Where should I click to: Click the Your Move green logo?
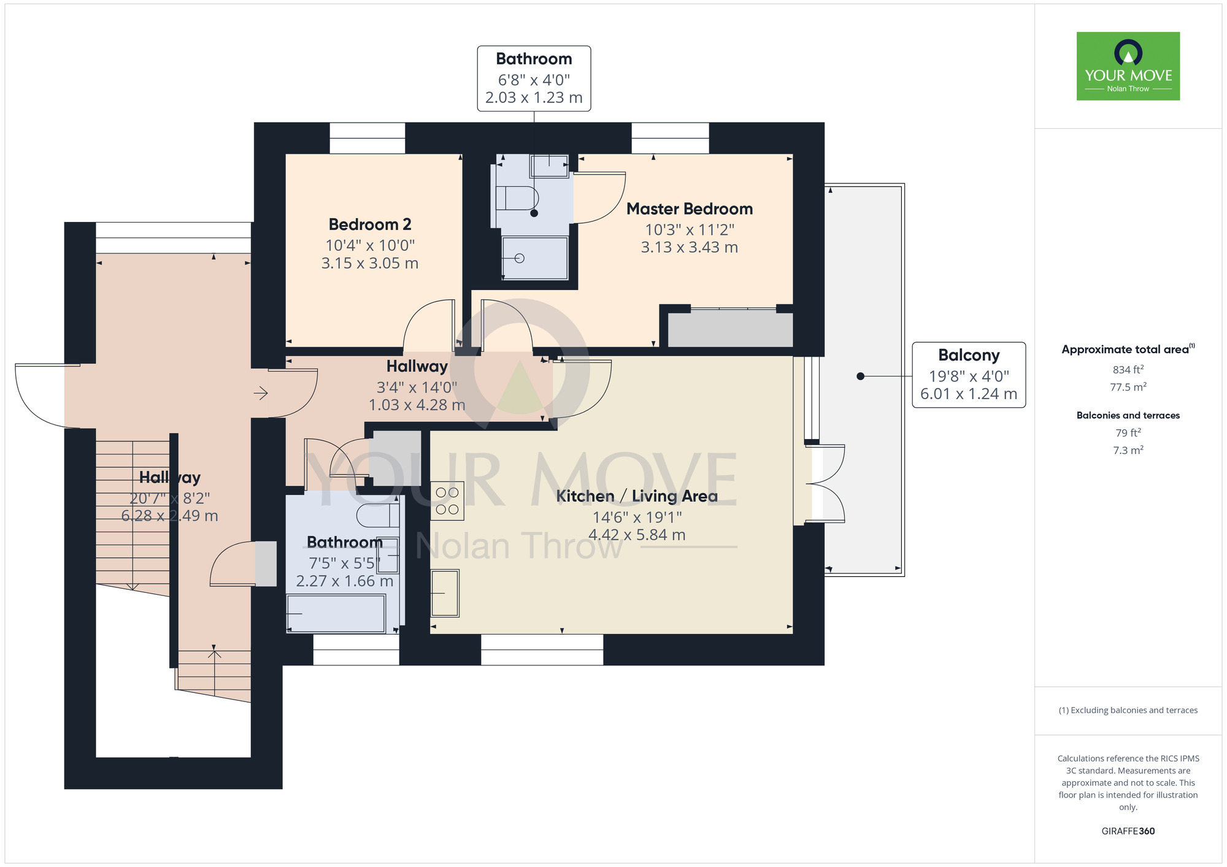pos(1128,66)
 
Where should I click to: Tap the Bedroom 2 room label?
pos(370,224)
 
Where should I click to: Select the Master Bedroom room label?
pos(690,209)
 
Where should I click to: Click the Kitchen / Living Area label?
pos(637,496)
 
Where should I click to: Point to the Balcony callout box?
pos(969,375)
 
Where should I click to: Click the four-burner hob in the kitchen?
pos(447,501)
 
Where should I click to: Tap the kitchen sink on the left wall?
pos(445,593)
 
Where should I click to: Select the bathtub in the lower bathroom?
pos(336,613)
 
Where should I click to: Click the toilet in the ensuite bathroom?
pos(517,198)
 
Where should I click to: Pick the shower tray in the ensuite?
pos(535,258)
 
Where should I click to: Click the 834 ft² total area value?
pos(1128,370)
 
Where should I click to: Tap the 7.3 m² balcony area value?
pos(1128,450)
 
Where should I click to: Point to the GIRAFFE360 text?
pos(1128,831)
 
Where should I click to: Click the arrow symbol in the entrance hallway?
pos(261,393)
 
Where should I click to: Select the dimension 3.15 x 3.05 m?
pos(370,264)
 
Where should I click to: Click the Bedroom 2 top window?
pos(367,138)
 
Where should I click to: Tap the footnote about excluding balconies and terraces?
pos(1128,710)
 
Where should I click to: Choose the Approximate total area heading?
pos(1128,349)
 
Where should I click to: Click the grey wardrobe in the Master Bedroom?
pos(730,329)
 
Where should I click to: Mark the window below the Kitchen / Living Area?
pos(542,649)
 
